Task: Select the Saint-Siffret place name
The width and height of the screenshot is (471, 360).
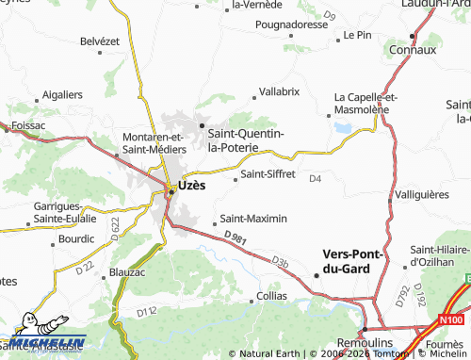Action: pyautogui.click(x=268, y=174)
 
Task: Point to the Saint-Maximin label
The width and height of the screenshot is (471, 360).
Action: pyautogui.click(x=253, y=219)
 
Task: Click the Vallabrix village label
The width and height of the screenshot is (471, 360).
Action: pyautogui.click(x=279, y=91)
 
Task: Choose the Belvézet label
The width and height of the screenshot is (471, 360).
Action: pyautogui.click(x=101, y=41)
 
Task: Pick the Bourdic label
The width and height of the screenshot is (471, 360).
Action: pyautogui.click(x=75, y=238)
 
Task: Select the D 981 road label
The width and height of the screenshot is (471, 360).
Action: pyautogui.click(x=237, y=239)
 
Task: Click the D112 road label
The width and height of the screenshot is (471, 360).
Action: pyautogui.click(x=146, y=311)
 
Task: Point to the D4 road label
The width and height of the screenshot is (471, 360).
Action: pyautogui.click(x=316, y=178)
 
